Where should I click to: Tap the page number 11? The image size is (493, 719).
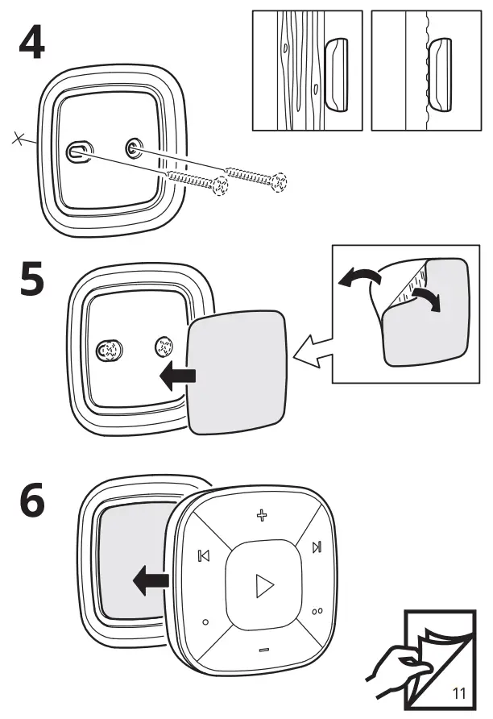(460, 692)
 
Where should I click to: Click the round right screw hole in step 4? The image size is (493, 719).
(133, 148)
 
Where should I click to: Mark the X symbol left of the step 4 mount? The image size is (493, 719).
(19, 140)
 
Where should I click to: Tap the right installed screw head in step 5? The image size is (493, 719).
(164, 347)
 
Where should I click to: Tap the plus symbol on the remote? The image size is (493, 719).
(261, 514)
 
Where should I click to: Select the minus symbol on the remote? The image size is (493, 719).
(263, 650)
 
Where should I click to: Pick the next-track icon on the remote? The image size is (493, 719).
(317, 548)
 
